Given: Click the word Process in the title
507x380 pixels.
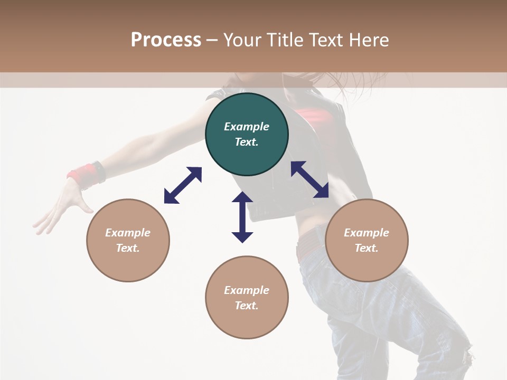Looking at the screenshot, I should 166,40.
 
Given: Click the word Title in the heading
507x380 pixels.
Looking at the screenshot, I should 283,40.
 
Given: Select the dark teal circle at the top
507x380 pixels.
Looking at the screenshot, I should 247,134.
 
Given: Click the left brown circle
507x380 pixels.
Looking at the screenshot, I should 128,240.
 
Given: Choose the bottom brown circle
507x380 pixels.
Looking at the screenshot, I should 247,297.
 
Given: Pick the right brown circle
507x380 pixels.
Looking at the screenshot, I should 367,240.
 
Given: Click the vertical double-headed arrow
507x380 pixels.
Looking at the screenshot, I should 242,217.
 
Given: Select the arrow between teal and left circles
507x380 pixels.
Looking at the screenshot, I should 183,185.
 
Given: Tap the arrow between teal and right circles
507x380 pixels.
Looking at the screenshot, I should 309,179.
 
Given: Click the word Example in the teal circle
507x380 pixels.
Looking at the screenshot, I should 247,127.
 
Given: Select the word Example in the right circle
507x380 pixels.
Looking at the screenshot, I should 367,233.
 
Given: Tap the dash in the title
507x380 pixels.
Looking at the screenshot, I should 212,40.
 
